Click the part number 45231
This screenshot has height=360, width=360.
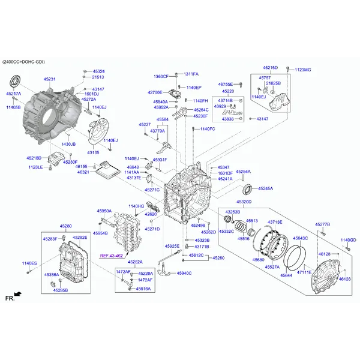pyautogui.click(x=49, y=79)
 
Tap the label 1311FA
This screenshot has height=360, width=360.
pyautogui.click(x=191, y=74)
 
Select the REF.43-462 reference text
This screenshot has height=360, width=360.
pyautogui.click(x=111, y=256)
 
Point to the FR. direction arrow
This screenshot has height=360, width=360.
pyautogui.click(x=17, y=295)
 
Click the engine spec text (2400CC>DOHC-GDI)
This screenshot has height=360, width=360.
pyautogui.click(x=23, y=62)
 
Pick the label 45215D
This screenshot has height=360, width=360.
pyautogui.click(x=270, y=68)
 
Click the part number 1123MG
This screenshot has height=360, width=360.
pyautogui.click(x=303, y=70)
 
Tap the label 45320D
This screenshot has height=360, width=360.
pyautogui.click(x=244, y=202)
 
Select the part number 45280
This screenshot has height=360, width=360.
pyautogui.click(x=65, y=226)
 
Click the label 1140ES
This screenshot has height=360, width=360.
pyautogui.click(x=29, y=263)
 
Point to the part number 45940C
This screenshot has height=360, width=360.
pyautogui.click(x=184, y=274)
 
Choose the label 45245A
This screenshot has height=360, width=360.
pyautogui.click(x=265, y=188)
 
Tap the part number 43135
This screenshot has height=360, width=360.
pyautogui.click(x=93, y=153)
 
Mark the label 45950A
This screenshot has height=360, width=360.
pyautogui.click(x=104, y=211)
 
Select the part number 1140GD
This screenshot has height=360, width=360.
pyautogui.click(x=349, y=240)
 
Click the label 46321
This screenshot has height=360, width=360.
pyautogui.click(x=83, y=172)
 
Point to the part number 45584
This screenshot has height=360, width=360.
pyautogui.click(x=162, y=119)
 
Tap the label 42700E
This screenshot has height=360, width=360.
pyautogui.click(x=155, y=92)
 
